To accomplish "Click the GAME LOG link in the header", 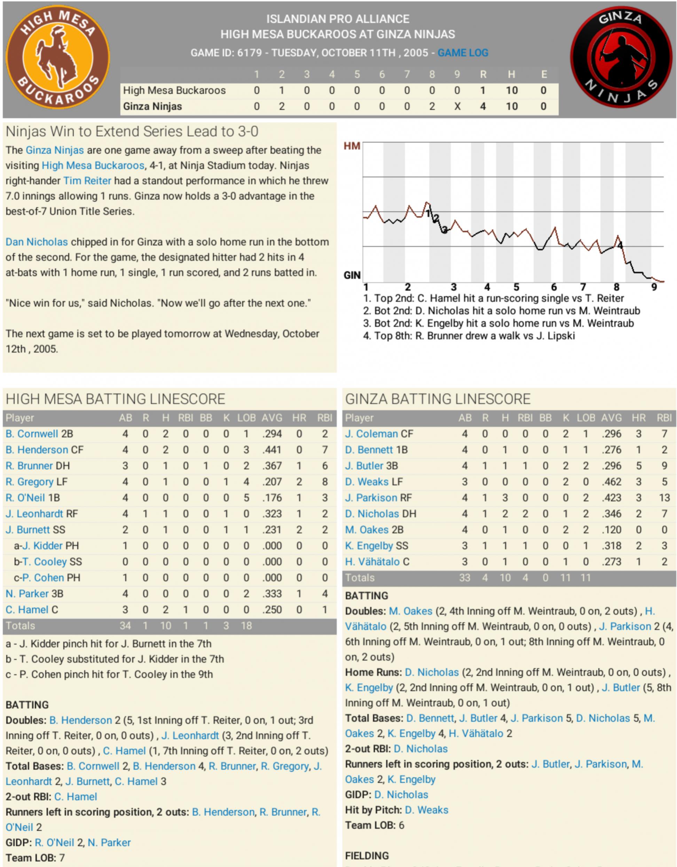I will click(463, 53).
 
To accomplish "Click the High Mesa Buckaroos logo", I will click(58, 58).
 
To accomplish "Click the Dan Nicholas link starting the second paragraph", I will click(37, 242).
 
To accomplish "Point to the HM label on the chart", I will click(352, 146).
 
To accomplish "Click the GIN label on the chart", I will click(352, 275).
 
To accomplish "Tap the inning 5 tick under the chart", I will click(516, 287).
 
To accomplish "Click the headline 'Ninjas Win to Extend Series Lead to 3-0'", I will click(132, 131).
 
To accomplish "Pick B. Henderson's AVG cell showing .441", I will click(272, 450).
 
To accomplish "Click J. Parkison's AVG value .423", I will click(611, 497).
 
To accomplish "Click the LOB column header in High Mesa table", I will click(246, 418).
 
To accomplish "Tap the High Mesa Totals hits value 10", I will click(165, 626).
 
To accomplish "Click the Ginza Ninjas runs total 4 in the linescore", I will click(483, 106).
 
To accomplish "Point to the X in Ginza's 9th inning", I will click(457, 106).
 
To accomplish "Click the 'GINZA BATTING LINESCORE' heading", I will click(438, 399).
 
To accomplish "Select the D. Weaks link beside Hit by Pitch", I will click(426, 810).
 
